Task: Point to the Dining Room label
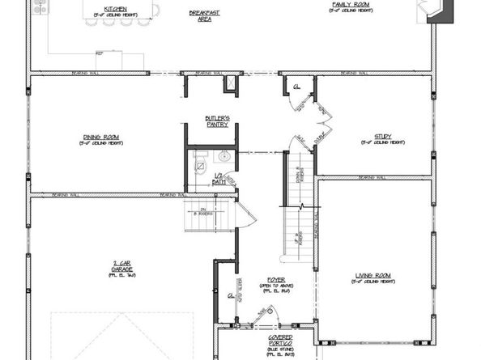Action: [x=102, y=138]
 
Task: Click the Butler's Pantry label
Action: [x=216, y=122]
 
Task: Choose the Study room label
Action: [x=382, y=138]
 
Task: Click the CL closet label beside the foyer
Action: [x=232, y=297]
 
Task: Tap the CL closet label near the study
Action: [x=296, y=86]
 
